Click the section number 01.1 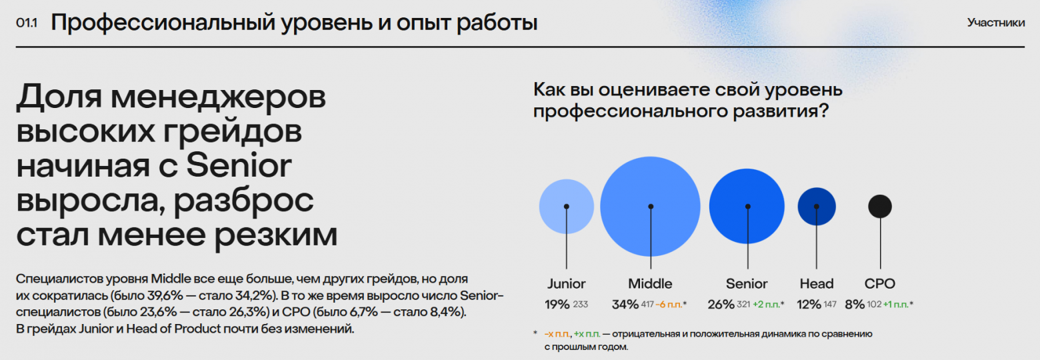(x=27, y=23)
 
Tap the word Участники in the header (x=995, y=23)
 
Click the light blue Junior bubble (x=566, y=206)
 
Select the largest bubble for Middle (x=651, y=207)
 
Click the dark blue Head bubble (x=817, y=206)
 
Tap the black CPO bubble (x=879, y=206)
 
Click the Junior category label (x=566, y=283)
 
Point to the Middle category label (x=650, y=283)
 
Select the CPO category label (x=879, y=283)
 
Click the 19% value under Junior (x=557, y=305)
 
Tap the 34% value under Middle (x=625, y=305)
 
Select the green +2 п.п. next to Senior (x=768, y=305)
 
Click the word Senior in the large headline (x=239, y=166)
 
